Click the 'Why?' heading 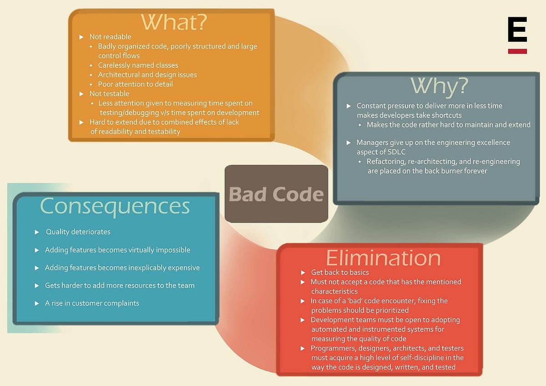pyautogui.click(x=439, y=86)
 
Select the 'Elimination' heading pyautogui.click(x=383, y=258)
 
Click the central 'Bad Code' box pyautogui.click(x=276, y=194)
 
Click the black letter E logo pyautogui.click(x=517, y=30)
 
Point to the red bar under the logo pyautogui.click(x=517, y=51)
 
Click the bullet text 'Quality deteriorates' pyautogui.click(x=78, y=232)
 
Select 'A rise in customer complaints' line pyautogui.click(x=92, y=303)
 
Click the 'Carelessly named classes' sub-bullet pyautogui.click(x=138, y=65)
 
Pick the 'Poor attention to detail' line pyautogui.click(x=135, y=84)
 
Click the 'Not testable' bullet pyautogui.click(x=109, y=93)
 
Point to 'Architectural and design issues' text pyautogui.click(x=147, y=74)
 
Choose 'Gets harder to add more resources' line pyautogui.click(x=120, y=285)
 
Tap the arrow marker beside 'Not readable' pyautogui.click(x=81, y=37)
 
